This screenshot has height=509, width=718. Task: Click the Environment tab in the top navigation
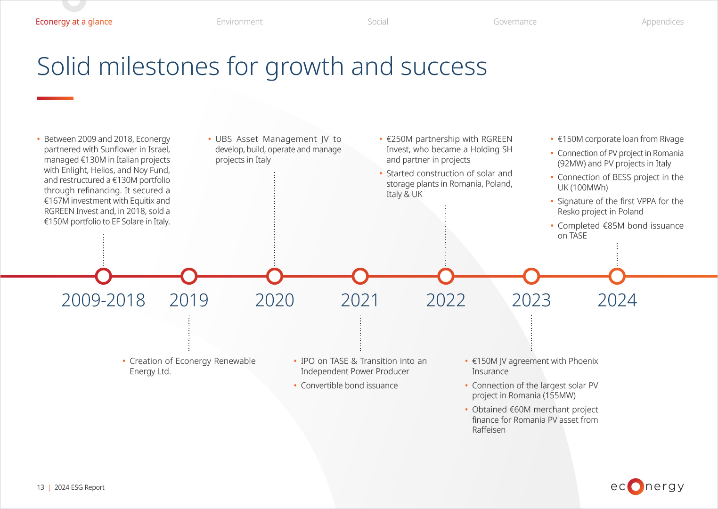[x=239, y=22]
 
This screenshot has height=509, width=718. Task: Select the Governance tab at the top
[x=515, y=22]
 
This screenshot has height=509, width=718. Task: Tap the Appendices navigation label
[x=662, y=22]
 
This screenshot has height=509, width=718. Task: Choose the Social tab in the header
[x=377, y=22]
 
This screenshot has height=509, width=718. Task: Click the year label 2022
[x=446, y=300]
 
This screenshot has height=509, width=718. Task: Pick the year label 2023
[x=531, y=300]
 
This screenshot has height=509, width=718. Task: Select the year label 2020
[x=274, y=300]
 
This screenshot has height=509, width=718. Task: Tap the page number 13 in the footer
[x=41, y=487]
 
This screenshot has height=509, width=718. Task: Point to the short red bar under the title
[x=55, y=98]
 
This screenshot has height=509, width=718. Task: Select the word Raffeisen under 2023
[x=489, y=430]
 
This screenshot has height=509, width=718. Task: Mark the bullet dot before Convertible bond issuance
[x=295, y=386]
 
